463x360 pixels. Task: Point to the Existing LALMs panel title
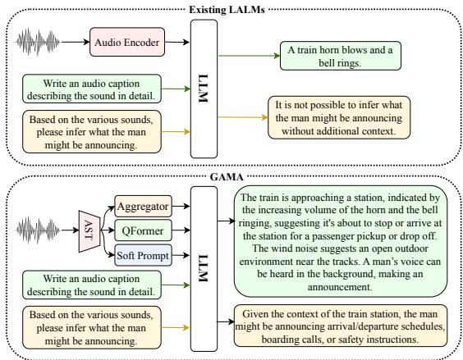[231, 7]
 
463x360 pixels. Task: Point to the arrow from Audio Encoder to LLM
[174, 39]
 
